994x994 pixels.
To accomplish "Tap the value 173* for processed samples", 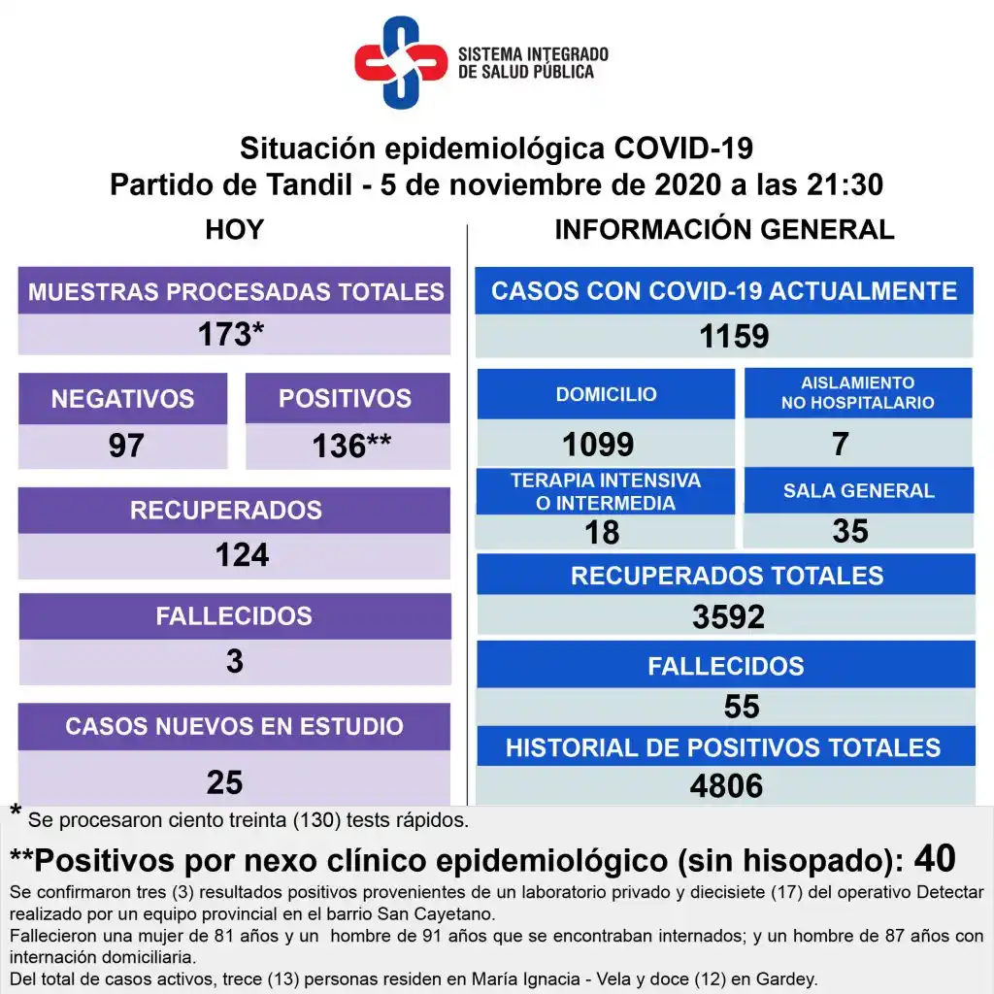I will (x=231, y=335).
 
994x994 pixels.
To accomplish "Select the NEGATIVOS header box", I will (x=122, y=398).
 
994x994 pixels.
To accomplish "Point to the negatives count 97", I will (x=126, y=446).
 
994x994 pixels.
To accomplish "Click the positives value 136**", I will (x=350, y=446).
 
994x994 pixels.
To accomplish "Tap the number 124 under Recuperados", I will (x=242, y=555).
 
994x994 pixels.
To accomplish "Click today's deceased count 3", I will (x=234, y=662).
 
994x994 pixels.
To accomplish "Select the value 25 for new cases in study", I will (x=224, y=782).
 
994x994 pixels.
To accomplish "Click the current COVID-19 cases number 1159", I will (x=734, y=336).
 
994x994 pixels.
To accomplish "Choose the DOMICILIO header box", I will (x=606, y=394).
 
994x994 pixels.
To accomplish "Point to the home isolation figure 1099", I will (x=598, y=445).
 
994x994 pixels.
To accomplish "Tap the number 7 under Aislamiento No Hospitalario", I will (x=841, y=444).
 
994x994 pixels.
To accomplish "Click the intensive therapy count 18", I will (x=602, y=532).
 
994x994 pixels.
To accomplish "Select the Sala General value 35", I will (x=850, y=531).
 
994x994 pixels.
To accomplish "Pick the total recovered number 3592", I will (x=728, y=616).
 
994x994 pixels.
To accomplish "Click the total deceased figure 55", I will (x=742, y=707).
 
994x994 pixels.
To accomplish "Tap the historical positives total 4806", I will (x=726, y=785).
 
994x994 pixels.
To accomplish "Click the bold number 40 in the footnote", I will (x=935, y=858).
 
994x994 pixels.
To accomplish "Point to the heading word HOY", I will (x=234, y=230).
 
